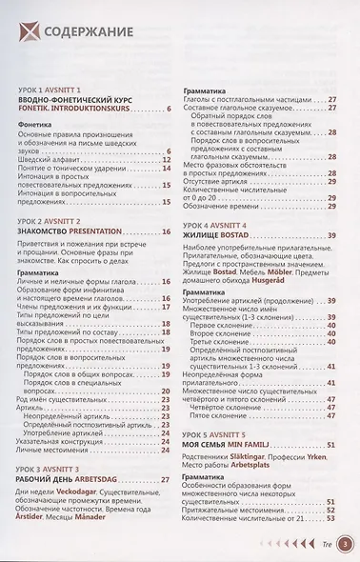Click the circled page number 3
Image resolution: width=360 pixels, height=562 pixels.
click(x=344, y=546)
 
